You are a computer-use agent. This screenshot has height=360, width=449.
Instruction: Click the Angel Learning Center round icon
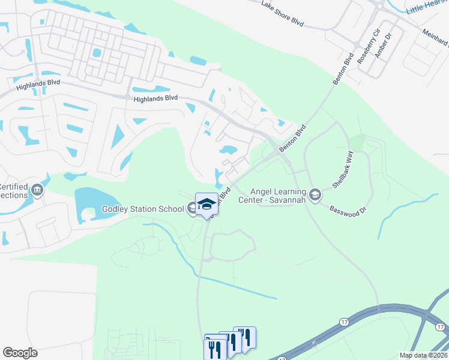pyautogui.click(x=314, y=195)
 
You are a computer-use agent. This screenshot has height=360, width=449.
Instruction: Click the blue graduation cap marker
pyautogui.click(x=206, y=204)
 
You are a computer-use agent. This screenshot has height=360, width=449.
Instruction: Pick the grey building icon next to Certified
pyautogui.click(x=38, y=191)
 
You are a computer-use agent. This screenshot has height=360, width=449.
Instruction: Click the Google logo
pyautogui.click(x=20, y=353)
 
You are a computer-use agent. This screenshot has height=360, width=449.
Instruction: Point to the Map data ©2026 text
pyautogui.click(x=423, y=355)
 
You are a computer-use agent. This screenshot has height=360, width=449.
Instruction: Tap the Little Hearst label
pyautogui.click(x=427, y=8)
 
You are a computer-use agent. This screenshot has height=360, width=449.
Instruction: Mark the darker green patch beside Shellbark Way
pyautogui.click(x=357, y=143)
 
